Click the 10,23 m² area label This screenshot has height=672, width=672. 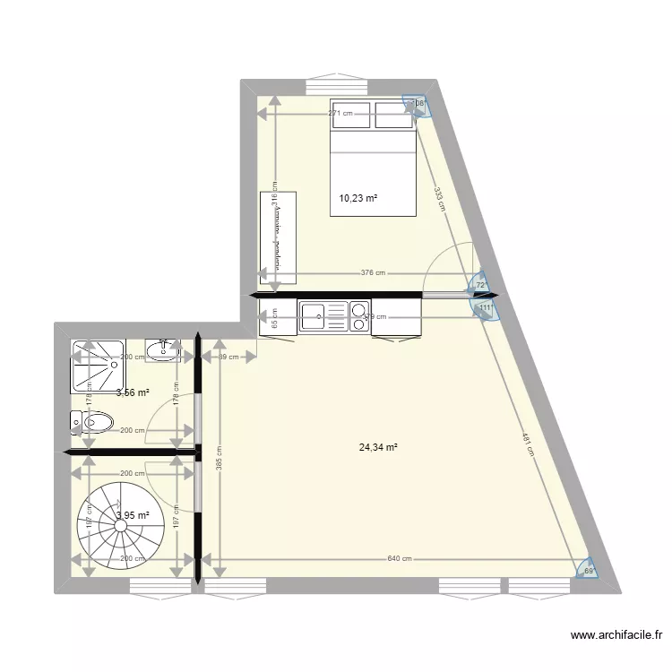click(358, 199)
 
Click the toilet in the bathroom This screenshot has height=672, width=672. click(92, 421)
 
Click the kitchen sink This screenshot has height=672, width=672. click(314, 315)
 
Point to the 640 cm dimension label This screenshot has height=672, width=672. click(400, 560)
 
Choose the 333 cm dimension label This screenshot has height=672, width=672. click(440, 197)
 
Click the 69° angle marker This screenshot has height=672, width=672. click(589, 569)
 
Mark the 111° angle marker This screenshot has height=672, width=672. click(485, 308)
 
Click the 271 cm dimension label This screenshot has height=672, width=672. click(340, 114)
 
